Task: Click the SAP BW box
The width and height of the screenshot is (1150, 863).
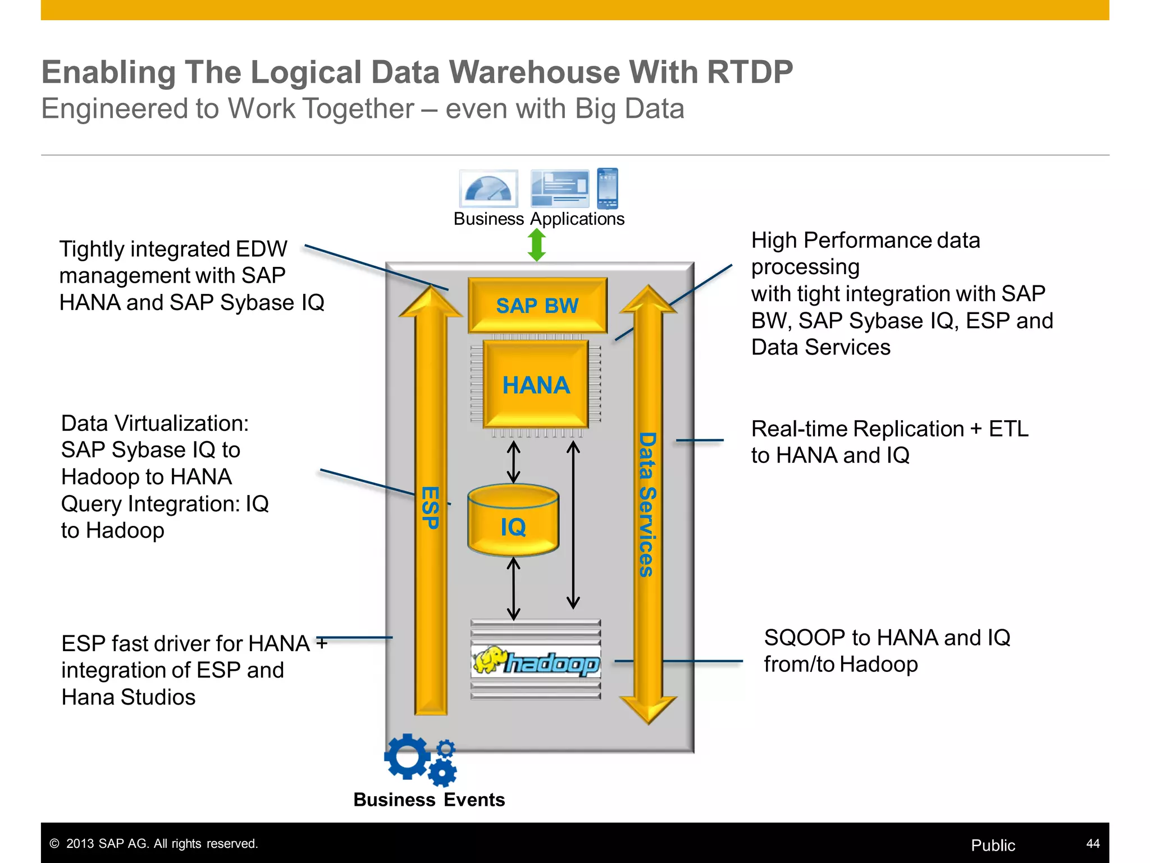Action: [x=537, y=305]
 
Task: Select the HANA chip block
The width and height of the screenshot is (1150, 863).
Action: [x=536, y=385]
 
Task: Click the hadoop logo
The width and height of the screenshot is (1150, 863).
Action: [x=536, y=662]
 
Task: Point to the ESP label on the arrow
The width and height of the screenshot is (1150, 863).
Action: [x=430, y=507]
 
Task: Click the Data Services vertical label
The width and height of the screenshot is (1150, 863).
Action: [x=647, y=504]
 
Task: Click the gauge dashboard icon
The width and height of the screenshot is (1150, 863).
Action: [x=489, y=188]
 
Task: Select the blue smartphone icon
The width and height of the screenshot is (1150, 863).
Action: [x=608, y=188]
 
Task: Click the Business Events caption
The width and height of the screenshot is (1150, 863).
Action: [x=429, y=800]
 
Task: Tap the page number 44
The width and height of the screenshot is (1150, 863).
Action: [x=1093, y=843]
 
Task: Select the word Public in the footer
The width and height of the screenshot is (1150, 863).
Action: [x=993, y=845]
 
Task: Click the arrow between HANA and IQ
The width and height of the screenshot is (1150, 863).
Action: [x=513, y=462]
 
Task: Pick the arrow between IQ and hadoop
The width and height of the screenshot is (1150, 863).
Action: [x=513, y=588]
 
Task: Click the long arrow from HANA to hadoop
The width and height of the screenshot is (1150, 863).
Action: [x=573, y=525]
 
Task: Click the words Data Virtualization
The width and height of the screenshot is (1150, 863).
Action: [x=154, y=423]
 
